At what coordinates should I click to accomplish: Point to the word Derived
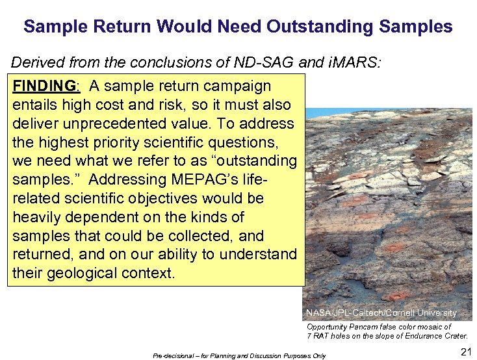38,63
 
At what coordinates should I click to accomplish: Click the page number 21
465,352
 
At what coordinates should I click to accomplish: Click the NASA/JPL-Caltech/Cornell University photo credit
381,313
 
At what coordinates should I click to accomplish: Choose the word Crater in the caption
454,336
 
